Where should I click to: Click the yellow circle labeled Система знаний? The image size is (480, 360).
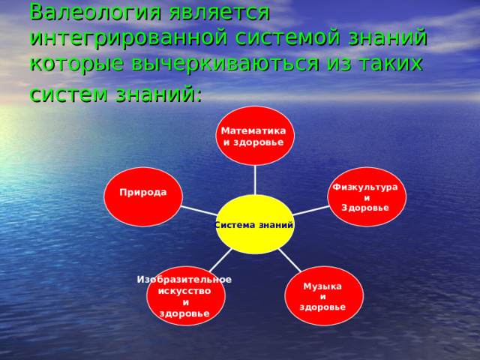click(255, 224)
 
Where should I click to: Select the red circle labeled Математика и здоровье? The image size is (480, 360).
click(255, 136)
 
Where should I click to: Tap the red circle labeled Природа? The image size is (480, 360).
click(143, 196)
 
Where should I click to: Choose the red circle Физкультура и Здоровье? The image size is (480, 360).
click(367, 196)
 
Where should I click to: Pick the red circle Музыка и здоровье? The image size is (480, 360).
click(324, 295)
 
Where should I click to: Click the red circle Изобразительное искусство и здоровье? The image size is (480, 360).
click(185, 295)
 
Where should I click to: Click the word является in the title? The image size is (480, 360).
click(218, 12)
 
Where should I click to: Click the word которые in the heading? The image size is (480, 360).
click(66, 63)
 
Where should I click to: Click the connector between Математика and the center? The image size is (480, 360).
click(255, 180)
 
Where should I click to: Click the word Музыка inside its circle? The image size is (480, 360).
click(322, 286)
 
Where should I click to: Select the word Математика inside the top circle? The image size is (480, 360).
click(253, 131)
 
